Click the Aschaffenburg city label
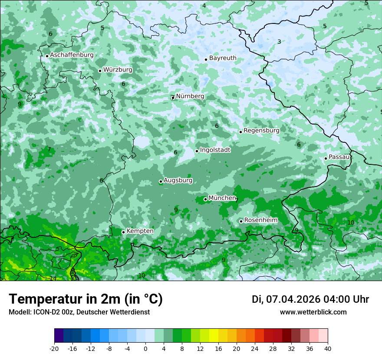[72, 55]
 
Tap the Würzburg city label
[118, 70]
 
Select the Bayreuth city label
[223, 58]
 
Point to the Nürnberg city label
[190, 96]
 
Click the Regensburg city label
[261, 131]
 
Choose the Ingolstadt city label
[215, 150]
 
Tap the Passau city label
[339, 157]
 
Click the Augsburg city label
[178, 180]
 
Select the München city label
[222, 198]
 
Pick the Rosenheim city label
[260, 220]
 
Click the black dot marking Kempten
[123, 232]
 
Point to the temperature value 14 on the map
[53, 278]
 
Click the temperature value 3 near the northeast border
[279, 42]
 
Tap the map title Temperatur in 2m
[86, 299]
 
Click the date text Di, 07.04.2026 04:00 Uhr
[310, 299]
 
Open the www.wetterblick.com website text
[313, 312]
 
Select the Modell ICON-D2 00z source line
[79, 312]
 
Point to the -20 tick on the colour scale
[54, 348]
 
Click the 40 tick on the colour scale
[327, 348]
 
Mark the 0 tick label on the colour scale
[145, 348]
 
